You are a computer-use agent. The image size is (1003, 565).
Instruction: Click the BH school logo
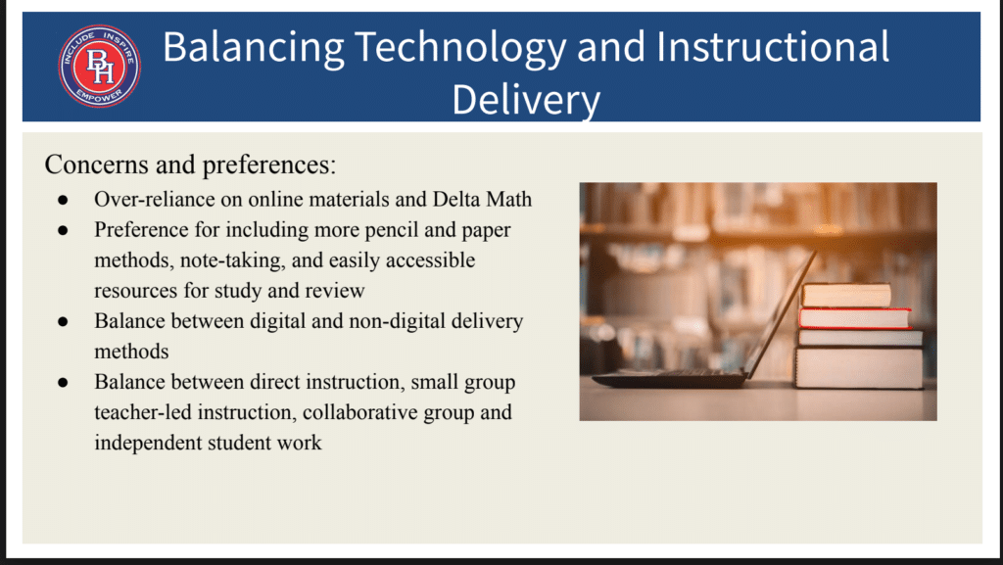point(100,66)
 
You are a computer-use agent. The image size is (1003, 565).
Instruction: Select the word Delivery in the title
point(526,100)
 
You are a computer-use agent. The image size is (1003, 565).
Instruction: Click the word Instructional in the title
point(772,46)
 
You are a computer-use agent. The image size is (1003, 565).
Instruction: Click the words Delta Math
point(482,200)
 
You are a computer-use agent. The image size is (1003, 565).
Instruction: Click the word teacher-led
point(143,412)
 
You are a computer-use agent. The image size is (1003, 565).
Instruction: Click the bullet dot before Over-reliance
point(63,200)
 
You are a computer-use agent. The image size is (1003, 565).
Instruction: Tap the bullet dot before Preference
point(63,231)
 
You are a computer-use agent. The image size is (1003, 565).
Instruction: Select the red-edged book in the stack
point(855,317)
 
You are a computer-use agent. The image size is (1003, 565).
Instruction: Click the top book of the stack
point(845,296)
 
